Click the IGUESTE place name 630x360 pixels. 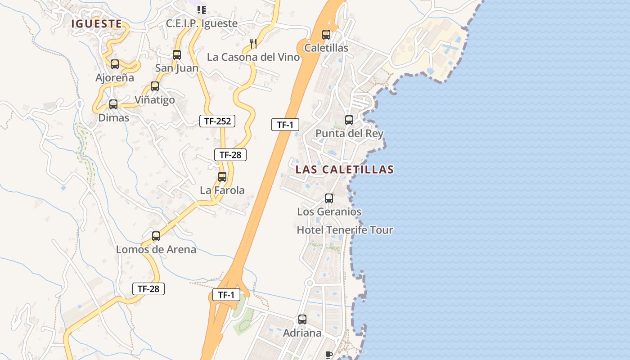pos(96,24)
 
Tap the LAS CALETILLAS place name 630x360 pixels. pos(345,170)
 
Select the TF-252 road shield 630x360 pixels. pos(217,121)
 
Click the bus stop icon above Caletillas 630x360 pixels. pos(326,35)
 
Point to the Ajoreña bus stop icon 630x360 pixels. pos(115,64)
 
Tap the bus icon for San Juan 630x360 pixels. pos(177,55)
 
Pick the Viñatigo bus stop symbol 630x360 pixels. pos(155,86)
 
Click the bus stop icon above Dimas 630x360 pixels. pos(113,104)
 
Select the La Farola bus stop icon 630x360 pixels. pos(222,177)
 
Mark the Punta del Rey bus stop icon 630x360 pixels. pos(349,120)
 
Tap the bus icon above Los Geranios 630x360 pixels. pos(329,198)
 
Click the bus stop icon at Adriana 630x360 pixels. pos(302,319)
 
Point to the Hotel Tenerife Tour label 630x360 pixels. pos(345,230)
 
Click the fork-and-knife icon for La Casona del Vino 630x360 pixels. pos(254,44)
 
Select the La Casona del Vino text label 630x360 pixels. pos(253,57)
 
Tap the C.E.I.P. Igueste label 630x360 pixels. pos(202,23)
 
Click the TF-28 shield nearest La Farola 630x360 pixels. pos(230,155)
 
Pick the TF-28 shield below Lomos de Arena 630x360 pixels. pos(148,289)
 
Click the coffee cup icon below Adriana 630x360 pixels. pos(329,355)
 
